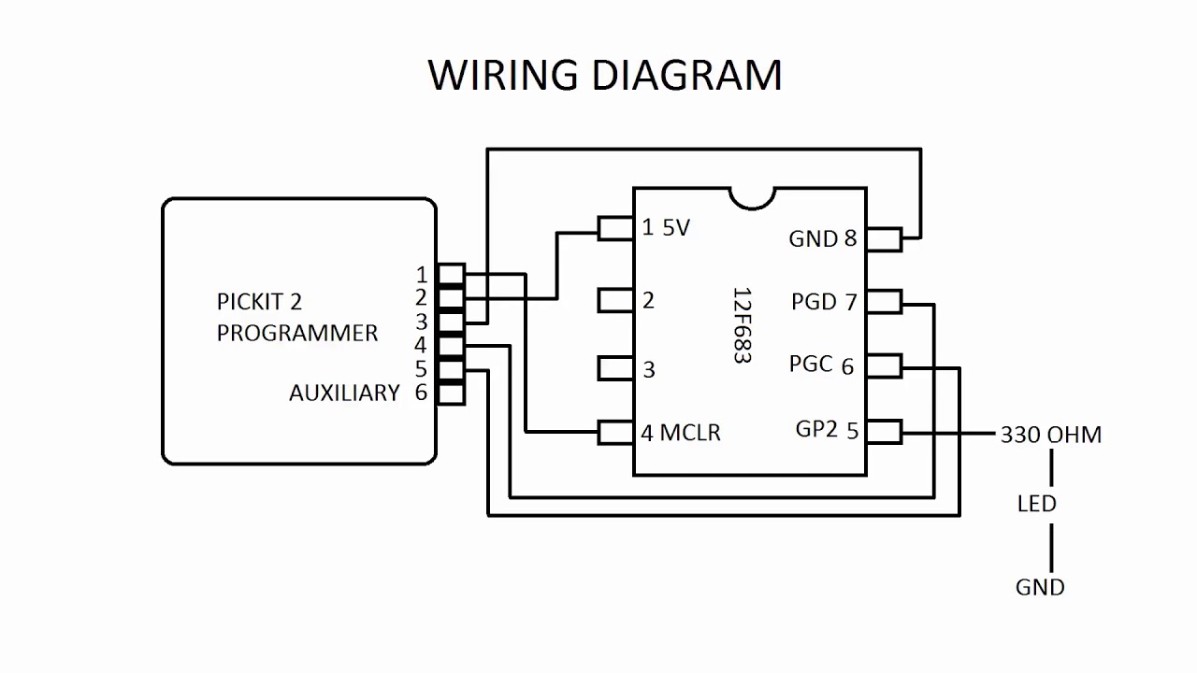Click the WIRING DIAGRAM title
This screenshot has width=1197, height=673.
(x=605, y=75)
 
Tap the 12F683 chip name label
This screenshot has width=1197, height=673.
(x=742, y=324)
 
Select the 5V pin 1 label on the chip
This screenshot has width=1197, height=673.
(x=666, y=228)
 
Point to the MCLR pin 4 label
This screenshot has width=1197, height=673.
(x=681, y=433)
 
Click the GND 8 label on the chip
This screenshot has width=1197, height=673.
(x=822, y=238)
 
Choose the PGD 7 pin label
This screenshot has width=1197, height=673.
(x=823, y=302)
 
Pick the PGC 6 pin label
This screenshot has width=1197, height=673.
(x=821, y=365)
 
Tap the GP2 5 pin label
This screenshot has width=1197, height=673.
(x=827, y=430)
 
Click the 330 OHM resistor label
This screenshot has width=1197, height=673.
(x=1050, y=435)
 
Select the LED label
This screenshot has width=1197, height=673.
(x=1036, y=504)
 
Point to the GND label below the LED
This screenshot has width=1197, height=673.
(x=1040, y=587)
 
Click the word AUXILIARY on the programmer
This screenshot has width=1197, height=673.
(x=344, y=394)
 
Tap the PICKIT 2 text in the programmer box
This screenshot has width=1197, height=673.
(x=259, y=302)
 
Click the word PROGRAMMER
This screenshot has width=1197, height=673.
(x=297, y=333)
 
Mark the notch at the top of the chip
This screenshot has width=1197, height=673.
(x=751, y=197)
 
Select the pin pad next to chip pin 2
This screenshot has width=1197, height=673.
(x=615, y=300)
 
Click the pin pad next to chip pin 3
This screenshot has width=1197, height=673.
(x=615, y=368)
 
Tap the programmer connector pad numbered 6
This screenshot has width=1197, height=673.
(x=451, y=394)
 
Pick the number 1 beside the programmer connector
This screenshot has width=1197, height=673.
(x=422, y=274)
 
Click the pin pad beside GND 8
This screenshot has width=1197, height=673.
(x=884, y=239)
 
